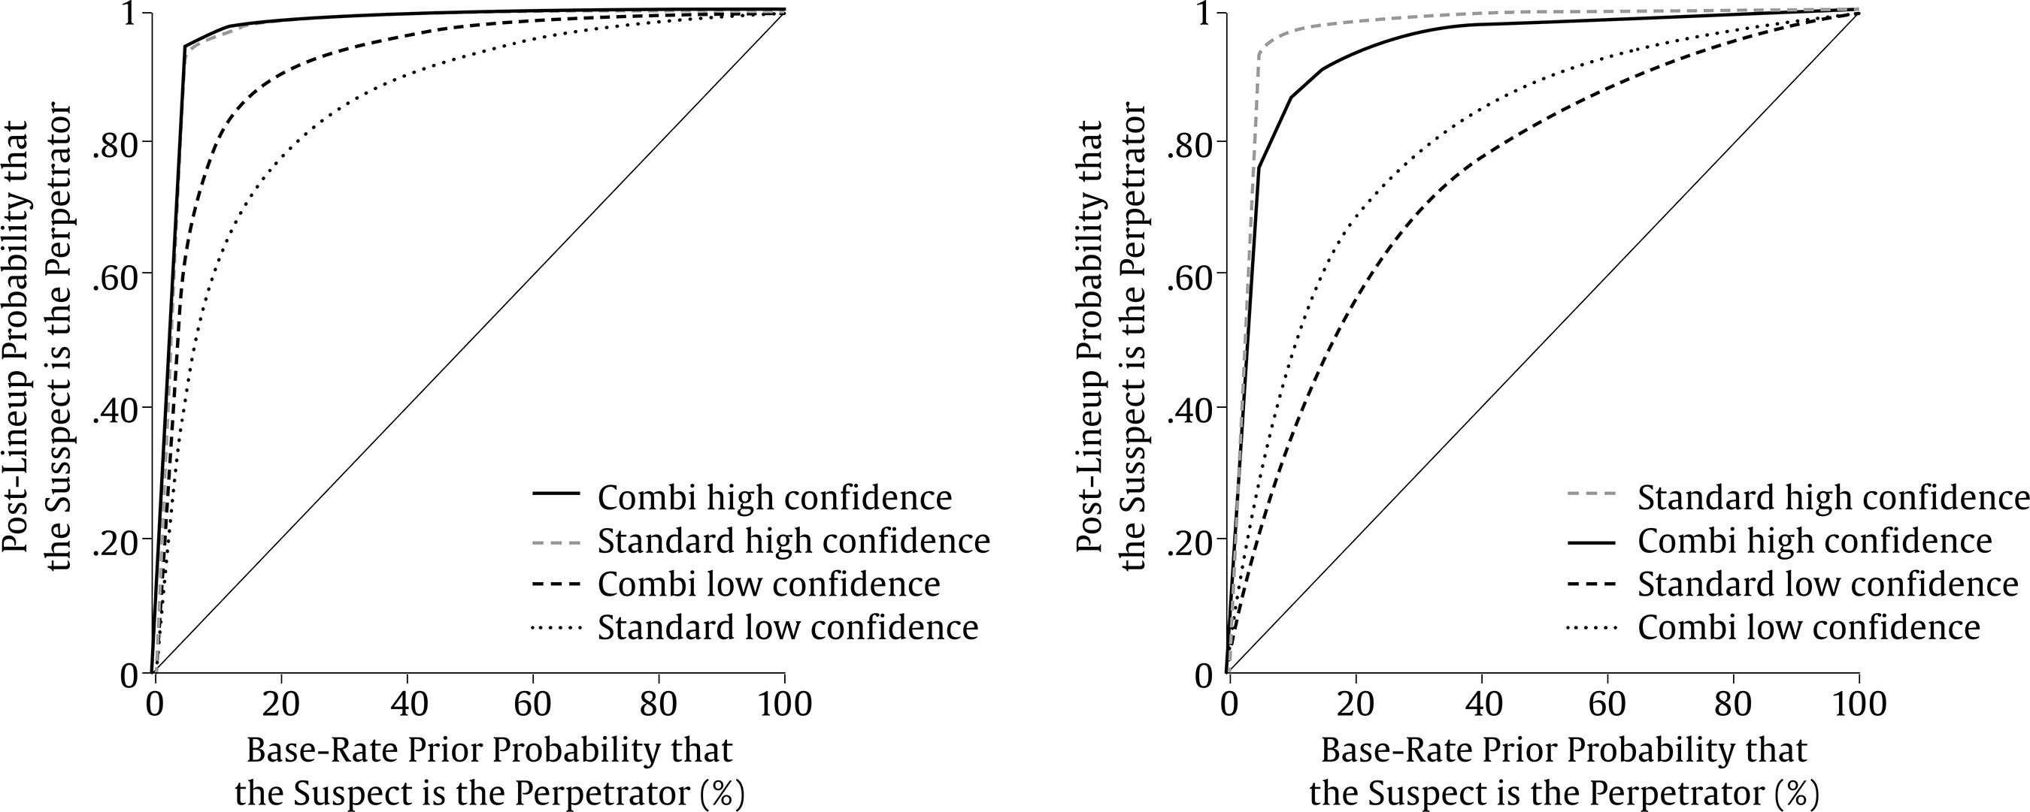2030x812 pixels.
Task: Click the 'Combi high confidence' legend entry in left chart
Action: click(774, 498)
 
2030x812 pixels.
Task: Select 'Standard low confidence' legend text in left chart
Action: click(788, 628)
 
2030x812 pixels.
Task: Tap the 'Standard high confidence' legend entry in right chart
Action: click(1833, 498)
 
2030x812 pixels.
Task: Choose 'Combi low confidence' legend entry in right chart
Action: click(1808, 628)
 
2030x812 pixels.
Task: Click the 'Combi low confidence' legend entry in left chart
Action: click(768, 584)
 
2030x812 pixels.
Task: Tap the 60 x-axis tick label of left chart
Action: click(533, 703)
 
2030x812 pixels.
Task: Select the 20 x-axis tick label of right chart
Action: click(1356, 703)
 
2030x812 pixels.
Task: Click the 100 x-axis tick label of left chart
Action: click(784, 703)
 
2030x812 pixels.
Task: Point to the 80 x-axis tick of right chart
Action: click(1734, 703)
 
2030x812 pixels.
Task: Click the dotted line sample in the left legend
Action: click(556, 628)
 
